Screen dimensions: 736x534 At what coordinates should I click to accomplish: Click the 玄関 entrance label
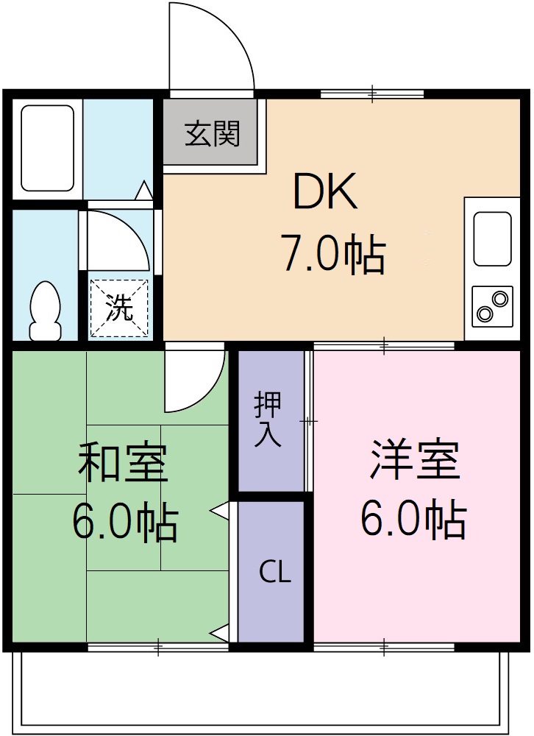pos(212,135)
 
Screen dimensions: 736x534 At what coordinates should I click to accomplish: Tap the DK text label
pos(324,194)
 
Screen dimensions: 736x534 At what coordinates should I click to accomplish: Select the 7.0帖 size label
pos(331,255)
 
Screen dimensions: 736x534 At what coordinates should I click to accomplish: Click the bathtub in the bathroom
pos(48,148)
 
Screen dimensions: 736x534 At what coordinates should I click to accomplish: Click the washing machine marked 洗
pos(118,308)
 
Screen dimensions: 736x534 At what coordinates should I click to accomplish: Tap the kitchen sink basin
pos(492,238)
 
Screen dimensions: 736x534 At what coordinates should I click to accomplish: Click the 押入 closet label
pos(268,420)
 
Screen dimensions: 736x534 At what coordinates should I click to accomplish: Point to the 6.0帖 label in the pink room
pos(413,520)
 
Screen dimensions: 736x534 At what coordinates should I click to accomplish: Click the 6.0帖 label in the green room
pos(124,523)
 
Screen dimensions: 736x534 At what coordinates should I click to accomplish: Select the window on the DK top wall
pos(372,93)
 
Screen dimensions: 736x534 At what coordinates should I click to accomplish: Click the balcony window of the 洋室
pos(383,648)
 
